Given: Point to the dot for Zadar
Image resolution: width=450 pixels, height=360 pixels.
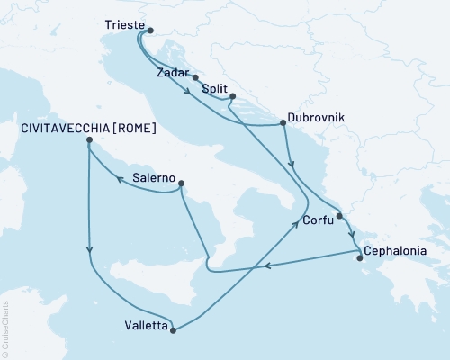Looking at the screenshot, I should click(x=195, y=78).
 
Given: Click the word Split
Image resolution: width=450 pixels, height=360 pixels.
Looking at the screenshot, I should click(x=213, y=91).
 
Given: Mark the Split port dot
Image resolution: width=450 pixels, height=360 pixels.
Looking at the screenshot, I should click(x=232, y=96).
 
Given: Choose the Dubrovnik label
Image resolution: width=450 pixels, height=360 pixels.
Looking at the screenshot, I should click(x=316, y=117).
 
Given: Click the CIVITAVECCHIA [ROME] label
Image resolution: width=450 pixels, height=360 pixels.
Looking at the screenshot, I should click(x=88, y=129).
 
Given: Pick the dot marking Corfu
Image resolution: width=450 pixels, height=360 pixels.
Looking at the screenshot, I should click(x=339, y=215).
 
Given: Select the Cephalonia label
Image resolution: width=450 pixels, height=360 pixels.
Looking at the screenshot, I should click(x=399, y=252).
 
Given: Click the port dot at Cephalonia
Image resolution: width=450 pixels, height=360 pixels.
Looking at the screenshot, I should click(x=360, y=258).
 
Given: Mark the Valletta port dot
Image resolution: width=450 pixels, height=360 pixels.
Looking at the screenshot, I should click(x=173, y=329).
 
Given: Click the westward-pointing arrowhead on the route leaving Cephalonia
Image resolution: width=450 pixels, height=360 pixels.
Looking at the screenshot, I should click(x=267, y=265).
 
